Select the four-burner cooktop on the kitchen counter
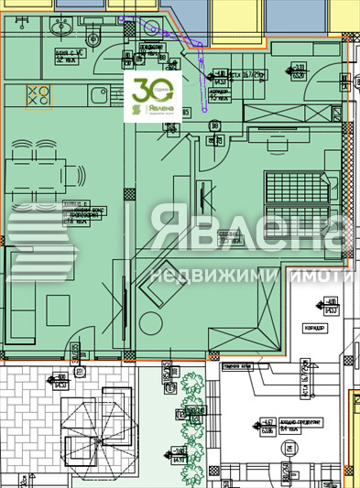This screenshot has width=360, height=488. click(39, 95)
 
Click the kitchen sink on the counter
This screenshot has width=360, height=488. click(96, 94)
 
